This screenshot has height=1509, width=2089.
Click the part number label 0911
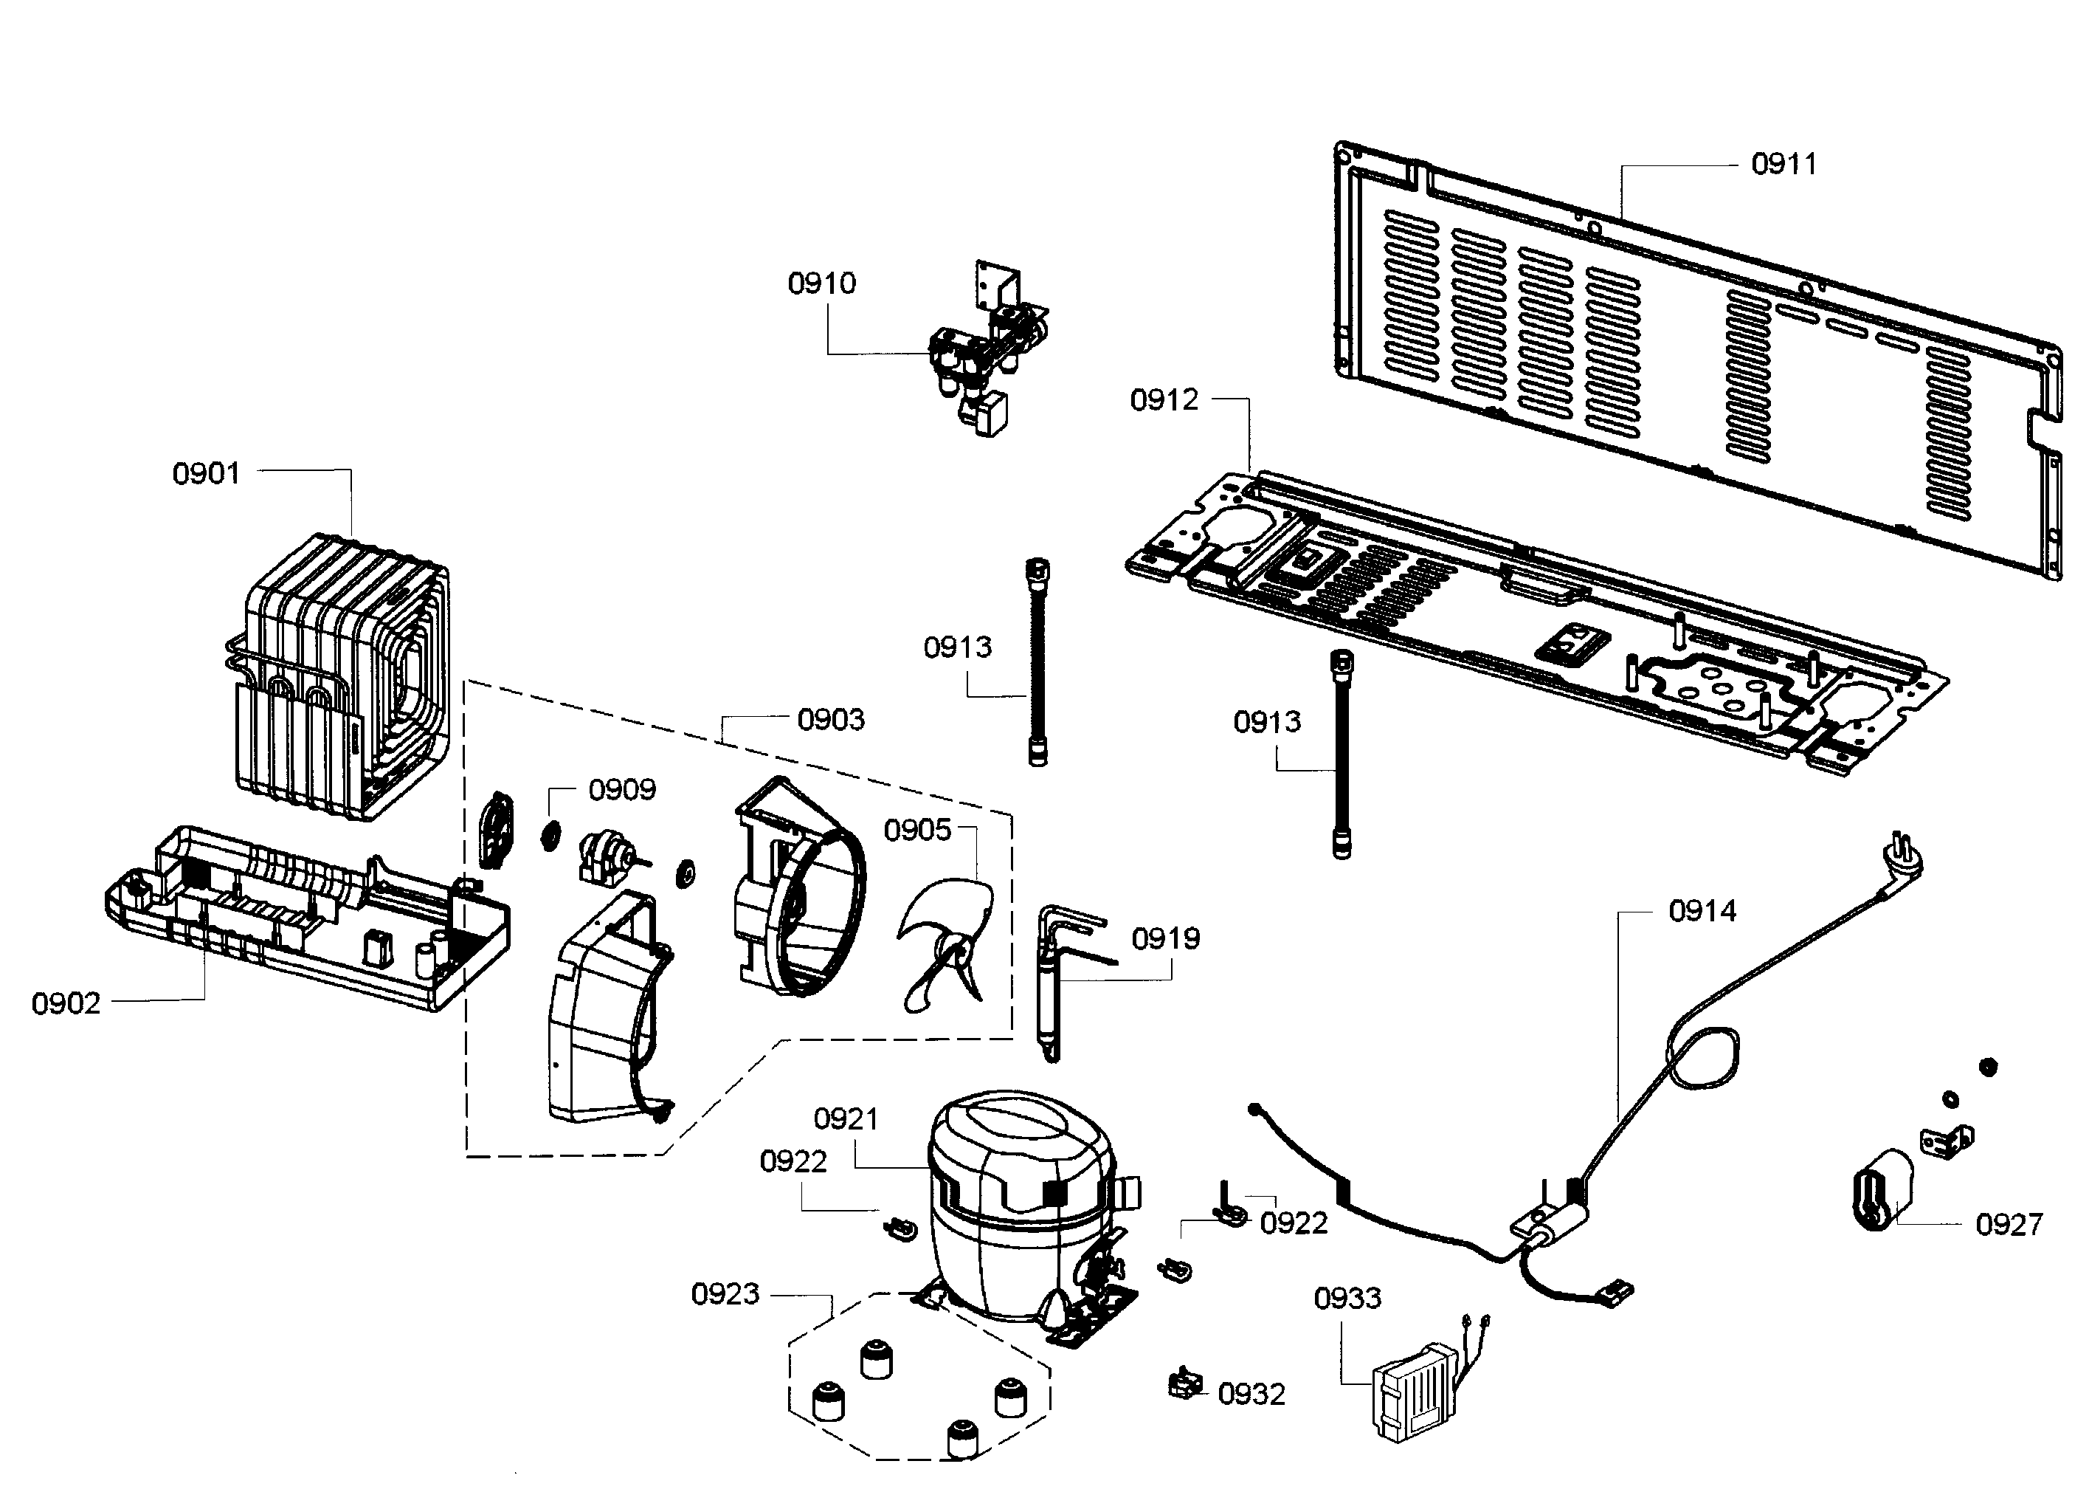(x=1784, y=164)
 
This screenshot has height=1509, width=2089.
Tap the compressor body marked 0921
(x=1018, y=1197)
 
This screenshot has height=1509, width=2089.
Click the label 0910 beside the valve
(x=821, y=283)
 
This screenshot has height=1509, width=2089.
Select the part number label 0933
(x=1347, y=1298)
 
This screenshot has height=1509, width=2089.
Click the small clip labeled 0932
(x=1184, y=1383)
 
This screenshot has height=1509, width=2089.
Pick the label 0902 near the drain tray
(x=66, y=1003)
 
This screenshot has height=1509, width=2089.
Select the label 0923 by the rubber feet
(x=725, y=1293)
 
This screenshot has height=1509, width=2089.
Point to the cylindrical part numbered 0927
(x=1879, y=1189)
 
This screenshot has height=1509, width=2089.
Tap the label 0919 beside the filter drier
(x=1165, y=939)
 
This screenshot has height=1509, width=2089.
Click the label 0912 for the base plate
(x=1164, y=400)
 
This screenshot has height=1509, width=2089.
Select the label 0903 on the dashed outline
(x=831, y=720)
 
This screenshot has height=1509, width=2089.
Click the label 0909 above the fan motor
(x=622, y=789)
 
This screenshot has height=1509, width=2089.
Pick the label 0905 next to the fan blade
(x=917, y=830)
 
